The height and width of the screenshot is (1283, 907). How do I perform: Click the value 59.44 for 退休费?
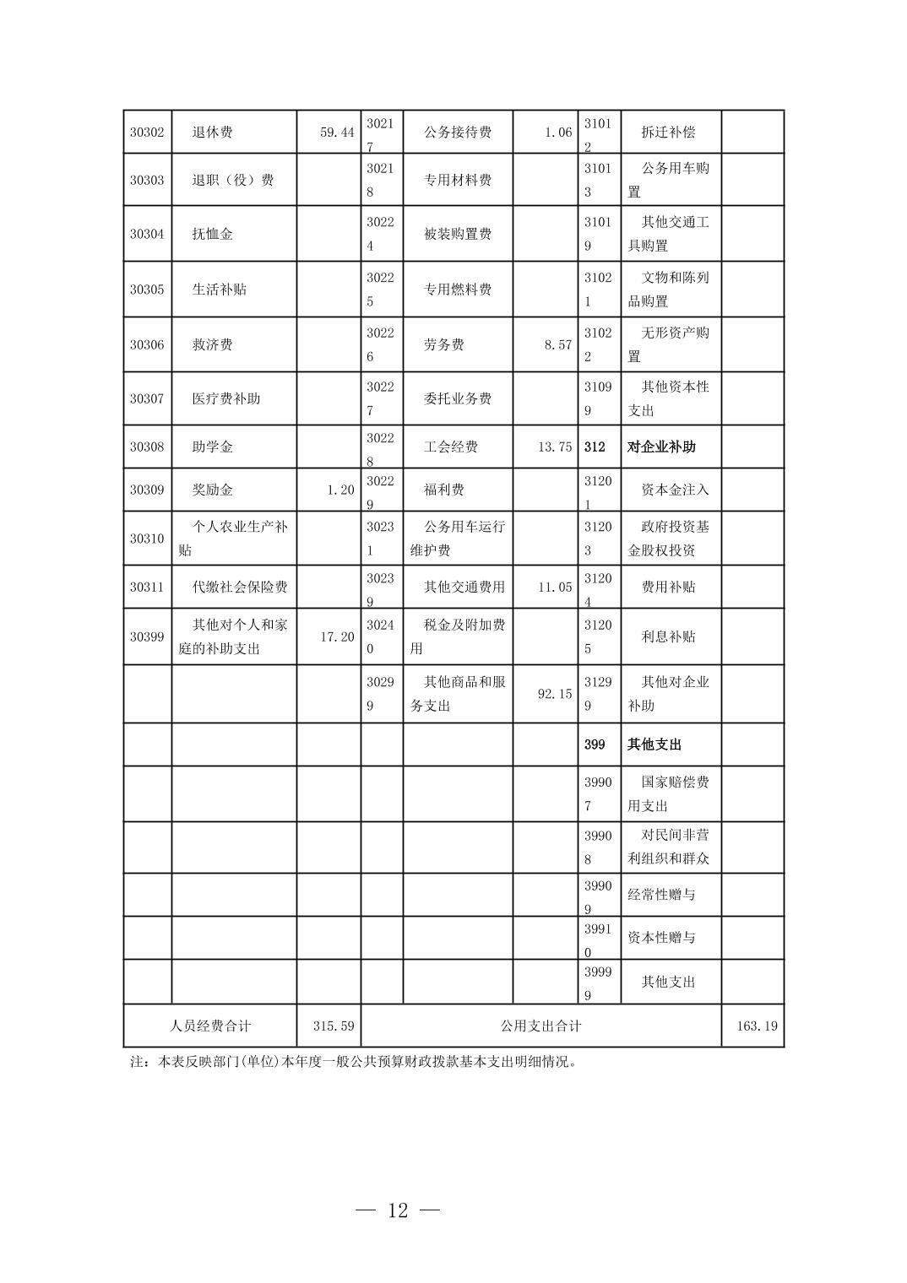pos(337,133)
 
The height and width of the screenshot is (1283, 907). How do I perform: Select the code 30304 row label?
pos(147,234)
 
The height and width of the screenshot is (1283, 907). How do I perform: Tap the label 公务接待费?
pos(457,133)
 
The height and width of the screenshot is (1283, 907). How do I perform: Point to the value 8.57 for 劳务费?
pos(557,344)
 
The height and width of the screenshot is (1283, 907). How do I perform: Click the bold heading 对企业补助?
pos(661,447)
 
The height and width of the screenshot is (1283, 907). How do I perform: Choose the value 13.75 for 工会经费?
pos(554,447)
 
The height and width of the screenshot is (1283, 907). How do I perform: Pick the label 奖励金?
pos(212,490)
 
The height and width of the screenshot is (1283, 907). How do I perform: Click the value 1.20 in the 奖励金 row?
pos(340,490)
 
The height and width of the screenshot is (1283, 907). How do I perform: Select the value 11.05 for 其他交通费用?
pos(554,587)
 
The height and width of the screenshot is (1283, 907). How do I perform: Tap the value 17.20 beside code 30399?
pos(337,636)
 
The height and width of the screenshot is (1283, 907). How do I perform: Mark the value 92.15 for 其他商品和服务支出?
pos(554,694)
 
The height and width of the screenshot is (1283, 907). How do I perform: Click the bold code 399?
pos(595,744)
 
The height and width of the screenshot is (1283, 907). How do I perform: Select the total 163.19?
pos(757,1026)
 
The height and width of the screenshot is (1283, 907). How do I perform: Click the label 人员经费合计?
pos(210,1026)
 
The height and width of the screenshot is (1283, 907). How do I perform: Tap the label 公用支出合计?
pos(540,1026)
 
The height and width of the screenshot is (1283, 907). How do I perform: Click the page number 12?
pos(398,1210)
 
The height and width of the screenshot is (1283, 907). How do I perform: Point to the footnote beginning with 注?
pos(355,1062)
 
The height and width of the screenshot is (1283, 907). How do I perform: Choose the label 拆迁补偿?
pos(668,133)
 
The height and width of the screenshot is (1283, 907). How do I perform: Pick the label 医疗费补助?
pos(225,398)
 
